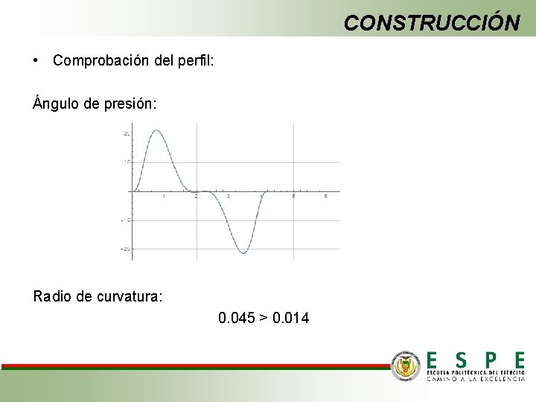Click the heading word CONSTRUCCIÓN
pos(432,23)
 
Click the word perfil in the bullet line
pos(197,60)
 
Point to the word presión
pos(130,104)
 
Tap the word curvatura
pos(130,297)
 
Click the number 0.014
pos(291,319)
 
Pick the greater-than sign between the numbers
pos(263,319)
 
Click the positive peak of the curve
pos(156,131)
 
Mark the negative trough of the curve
pos(243,253)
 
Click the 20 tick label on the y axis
pos(127,133)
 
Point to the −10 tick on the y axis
pos(126,220)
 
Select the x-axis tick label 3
pos(229,197)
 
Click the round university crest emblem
pos(406,366)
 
